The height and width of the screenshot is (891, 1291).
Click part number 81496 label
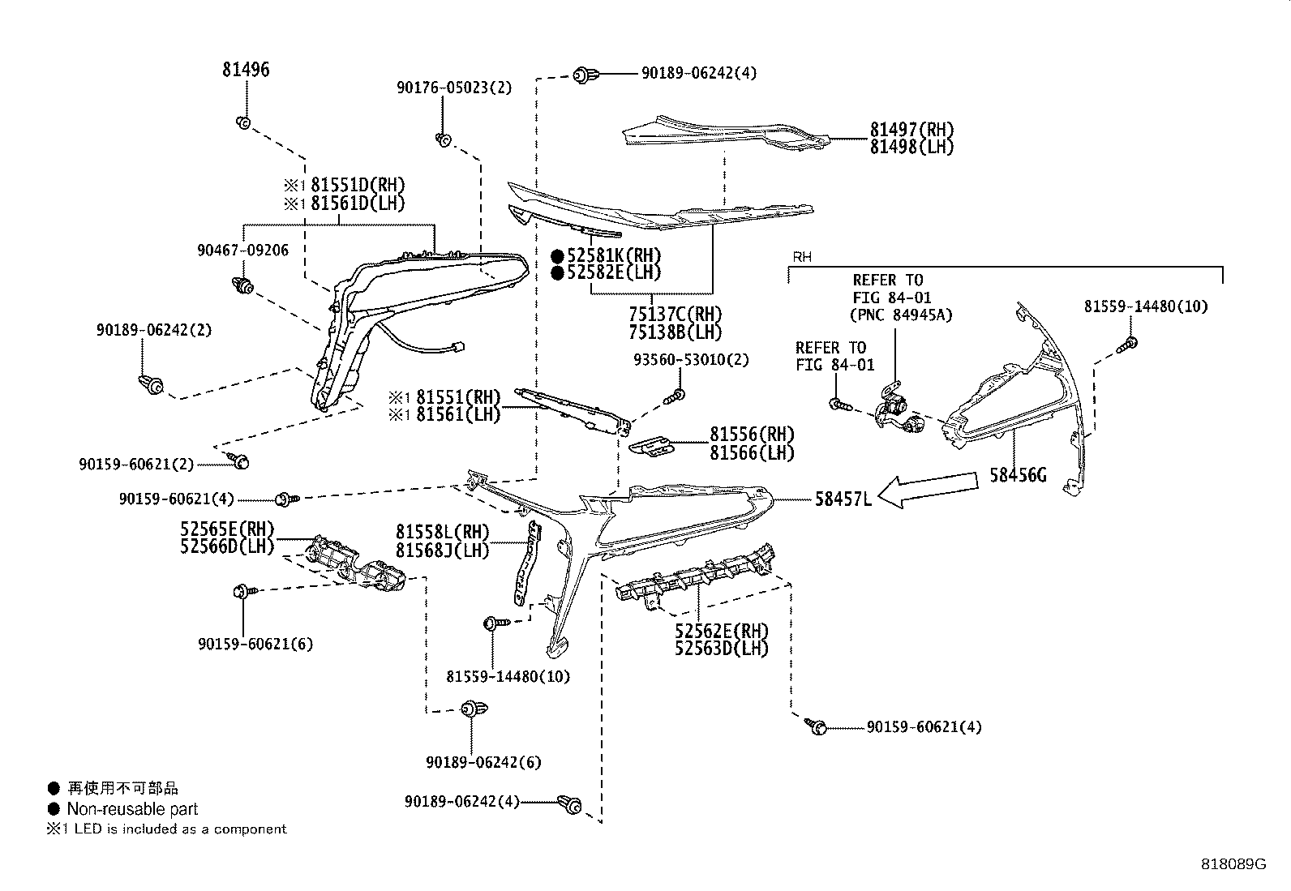tap(246, 71)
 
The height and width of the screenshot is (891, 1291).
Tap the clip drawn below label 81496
tap(243, 122)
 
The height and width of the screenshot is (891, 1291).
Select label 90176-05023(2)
tap(454, 88)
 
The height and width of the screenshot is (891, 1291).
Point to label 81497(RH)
tap(911, 130)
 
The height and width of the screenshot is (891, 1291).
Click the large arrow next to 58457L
tap(929, 491)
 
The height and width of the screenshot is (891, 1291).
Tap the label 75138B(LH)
tap(663, 332)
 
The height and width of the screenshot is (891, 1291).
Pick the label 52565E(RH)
tap(227, 529)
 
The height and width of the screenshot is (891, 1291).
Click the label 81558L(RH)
tap(443, 533)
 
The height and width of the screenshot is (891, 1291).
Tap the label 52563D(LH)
tap(721, 648)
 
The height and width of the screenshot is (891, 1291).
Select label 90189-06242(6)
tap(483, 762)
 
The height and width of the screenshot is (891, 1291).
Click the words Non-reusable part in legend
tap(132, 809)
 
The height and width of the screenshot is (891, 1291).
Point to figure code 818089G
tap(1233, 864)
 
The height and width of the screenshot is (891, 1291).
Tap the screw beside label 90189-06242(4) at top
tap(581, 75)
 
